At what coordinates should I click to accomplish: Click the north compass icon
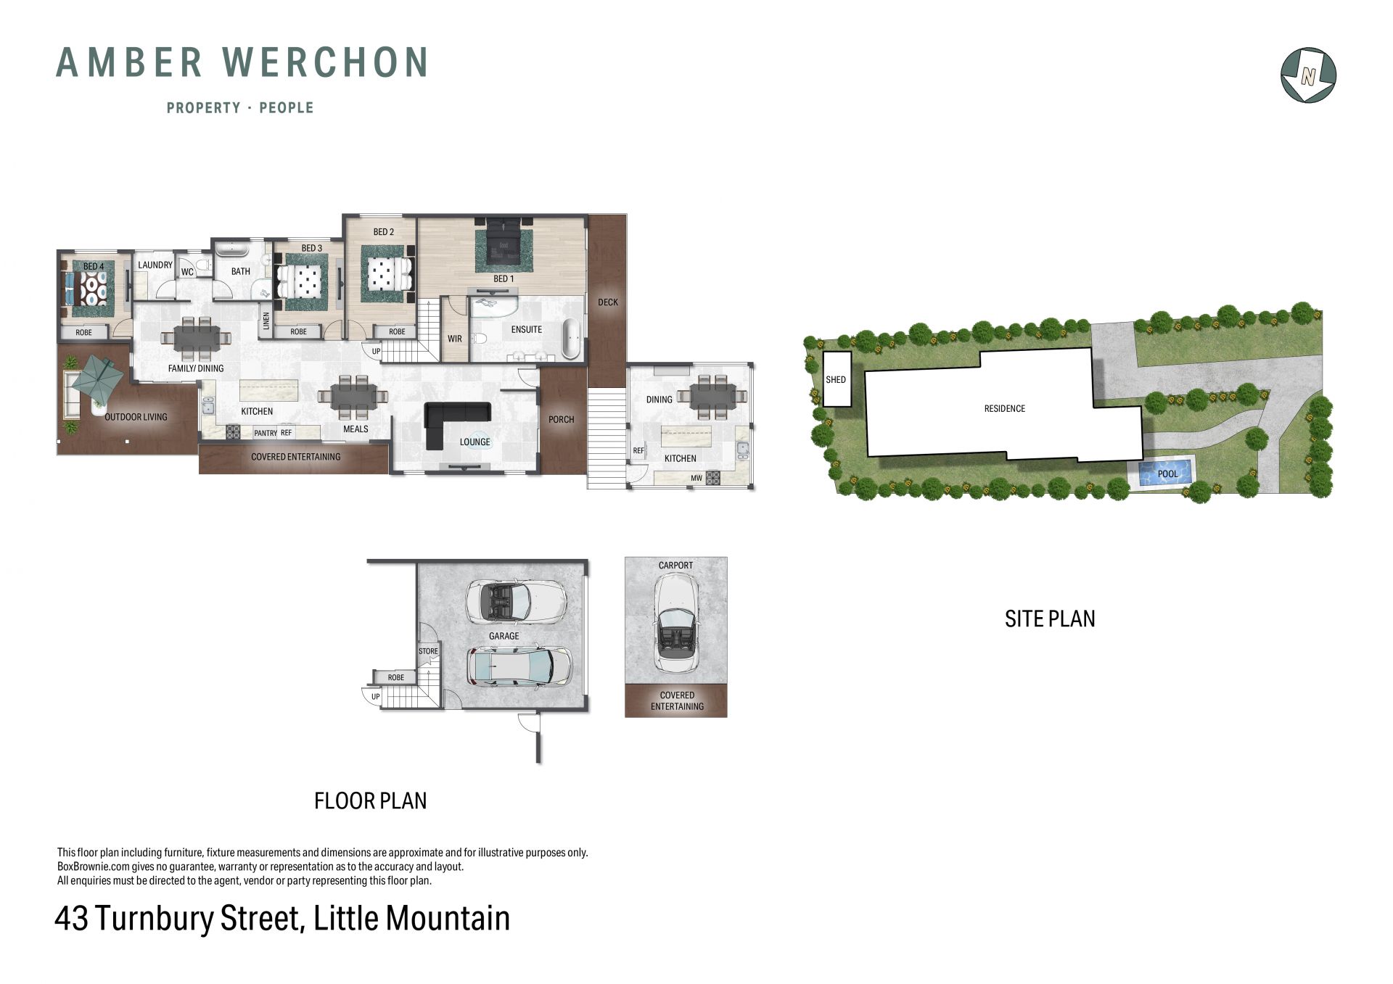click(x=1308, y=75)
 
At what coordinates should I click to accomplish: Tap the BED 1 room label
click(x=504, y=278)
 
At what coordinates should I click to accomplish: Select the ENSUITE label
click(x=527, y=329)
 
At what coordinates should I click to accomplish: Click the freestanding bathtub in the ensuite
click(x=572, y=338)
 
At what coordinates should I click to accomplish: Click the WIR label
click(x=455, y=339)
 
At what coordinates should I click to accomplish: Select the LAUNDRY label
click(x=155, y=265)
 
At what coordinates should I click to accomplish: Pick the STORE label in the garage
click(x=428, y=651)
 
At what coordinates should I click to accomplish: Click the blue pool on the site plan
click(x=1164, y=474)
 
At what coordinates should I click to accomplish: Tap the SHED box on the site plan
click(x=837, y=379)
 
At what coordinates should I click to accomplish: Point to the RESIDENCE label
click(x=1005, y=409)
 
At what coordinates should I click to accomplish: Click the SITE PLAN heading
click(x=1050, y=619)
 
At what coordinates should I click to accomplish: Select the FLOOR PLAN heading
click(x=370, y=801)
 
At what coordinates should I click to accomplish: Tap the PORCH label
click(x=562, y=419)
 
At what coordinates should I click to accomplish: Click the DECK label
click(x=608, y=302)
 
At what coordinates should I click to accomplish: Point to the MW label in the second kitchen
click(x=696, y=478)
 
